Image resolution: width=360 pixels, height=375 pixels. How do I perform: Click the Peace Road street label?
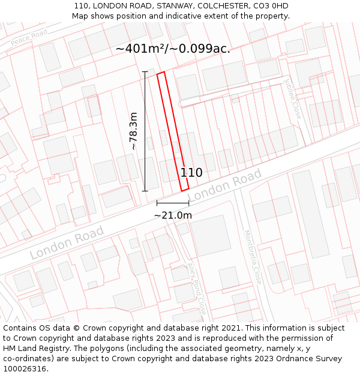[29, 38]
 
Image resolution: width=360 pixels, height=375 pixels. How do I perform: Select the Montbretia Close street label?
[253, 257]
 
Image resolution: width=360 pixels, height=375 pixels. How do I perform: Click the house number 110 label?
[191, 173]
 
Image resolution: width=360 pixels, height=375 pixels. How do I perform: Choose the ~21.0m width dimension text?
[173, 215]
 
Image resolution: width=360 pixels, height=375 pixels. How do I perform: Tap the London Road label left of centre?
[67, 242]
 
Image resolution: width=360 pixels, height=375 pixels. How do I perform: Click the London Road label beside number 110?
[225, 185]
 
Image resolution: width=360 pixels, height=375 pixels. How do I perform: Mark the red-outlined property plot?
[173, 131]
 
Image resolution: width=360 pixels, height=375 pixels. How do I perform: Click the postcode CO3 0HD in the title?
[274, 6]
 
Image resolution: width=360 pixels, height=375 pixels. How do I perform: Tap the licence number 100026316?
[26, 369]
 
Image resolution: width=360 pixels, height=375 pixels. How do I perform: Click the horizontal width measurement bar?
[173, 204]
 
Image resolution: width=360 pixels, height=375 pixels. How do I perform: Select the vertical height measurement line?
[145, 131]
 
